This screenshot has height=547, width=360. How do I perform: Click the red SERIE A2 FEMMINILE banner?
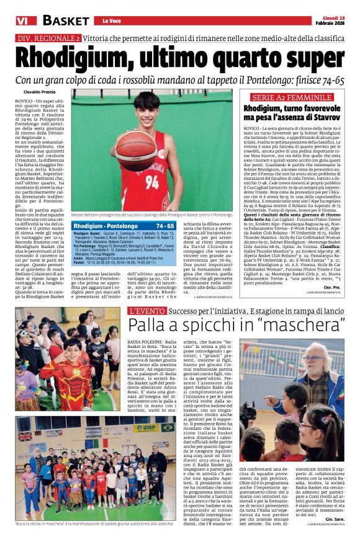click(x=291, y=97)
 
